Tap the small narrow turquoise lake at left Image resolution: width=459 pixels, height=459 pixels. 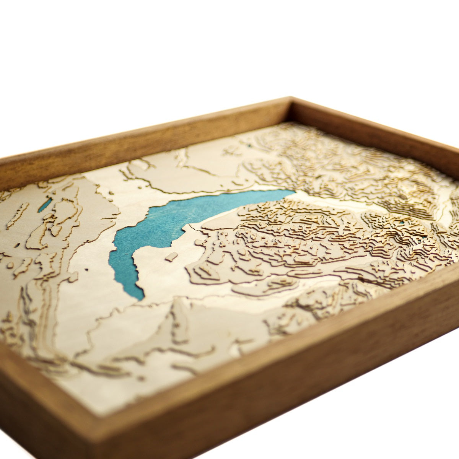coord(44,205)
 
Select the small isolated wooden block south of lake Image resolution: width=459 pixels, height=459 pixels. coord(171,257)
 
